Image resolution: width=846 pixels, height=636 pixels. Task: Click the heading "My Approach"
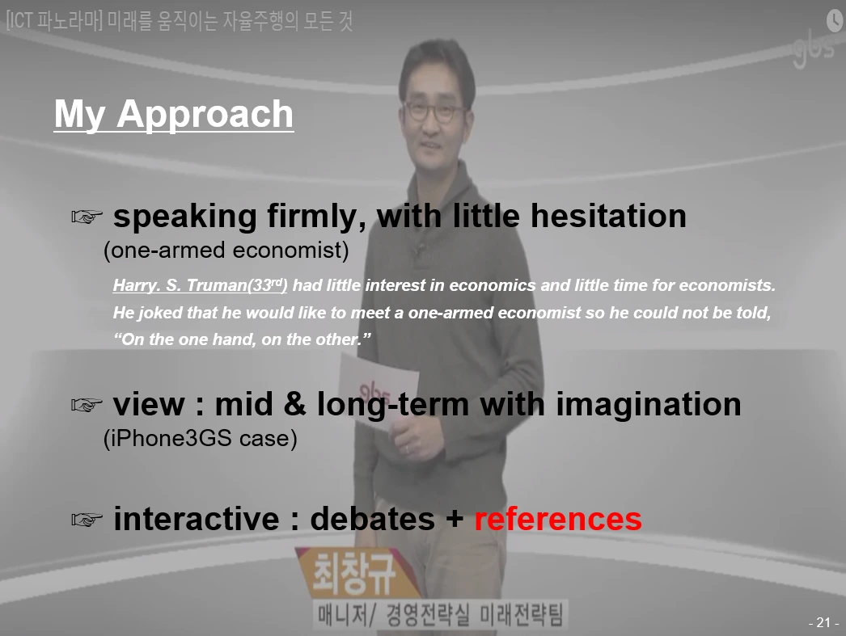coord(174,114)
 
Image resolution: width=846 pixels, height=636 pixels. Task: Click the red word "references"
coord(558,519)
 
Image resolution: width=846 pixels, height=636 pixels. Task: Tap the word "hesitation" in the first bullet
coord(608,216)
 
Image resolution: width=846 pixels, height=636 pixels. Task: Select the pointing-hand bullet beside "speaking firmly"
coord(87,217)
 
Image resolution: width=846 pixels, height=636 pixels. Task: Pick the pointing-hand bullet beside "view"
coord(87,404)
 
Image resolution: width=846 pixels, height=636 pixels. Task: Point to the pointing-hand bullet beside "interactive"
coord(87,519)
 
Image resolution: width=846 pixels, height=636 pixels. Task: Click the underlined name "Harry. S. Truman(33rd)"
coord(200,284)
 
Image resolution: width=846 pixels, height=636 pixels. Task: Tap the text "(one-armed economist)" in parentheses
coord(226,250)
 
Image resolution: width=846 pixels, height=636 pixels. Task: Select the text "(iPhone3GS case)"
coord(200,438)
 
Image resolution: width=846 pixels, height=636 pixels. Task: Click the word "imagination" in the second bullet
coord(649,404)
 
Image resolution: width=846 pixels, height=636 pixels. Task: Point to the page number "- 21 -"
coord(823,622)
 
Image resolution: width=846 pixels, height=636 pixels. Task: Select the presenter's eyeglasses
coord(434,111)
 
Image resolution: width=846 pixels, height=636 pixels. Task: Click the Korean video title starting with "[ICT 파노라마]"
coord(180,21)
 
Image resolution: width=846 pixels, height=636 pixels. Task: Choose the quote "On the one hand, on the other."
coord(242,339)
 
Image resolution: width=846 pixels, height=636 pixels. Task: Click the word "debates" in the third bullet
coord(372,519)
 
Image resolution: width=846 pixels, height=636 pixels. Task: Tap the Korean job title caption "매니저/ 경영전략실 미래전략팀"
coord(440,615)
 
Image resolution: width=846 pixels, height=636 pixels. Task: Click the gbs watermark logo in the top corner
coord(814,49)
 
